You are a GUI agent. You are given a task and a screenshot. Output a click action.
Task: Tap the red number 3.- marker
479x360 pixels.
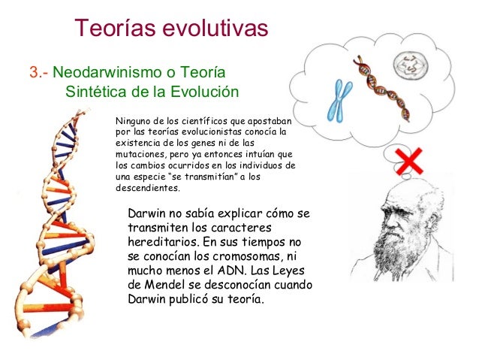[x=38, y=74]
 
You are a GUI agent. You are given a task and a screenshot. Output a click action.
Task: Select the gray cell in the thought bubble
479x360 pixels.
[x=411, y=68]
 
